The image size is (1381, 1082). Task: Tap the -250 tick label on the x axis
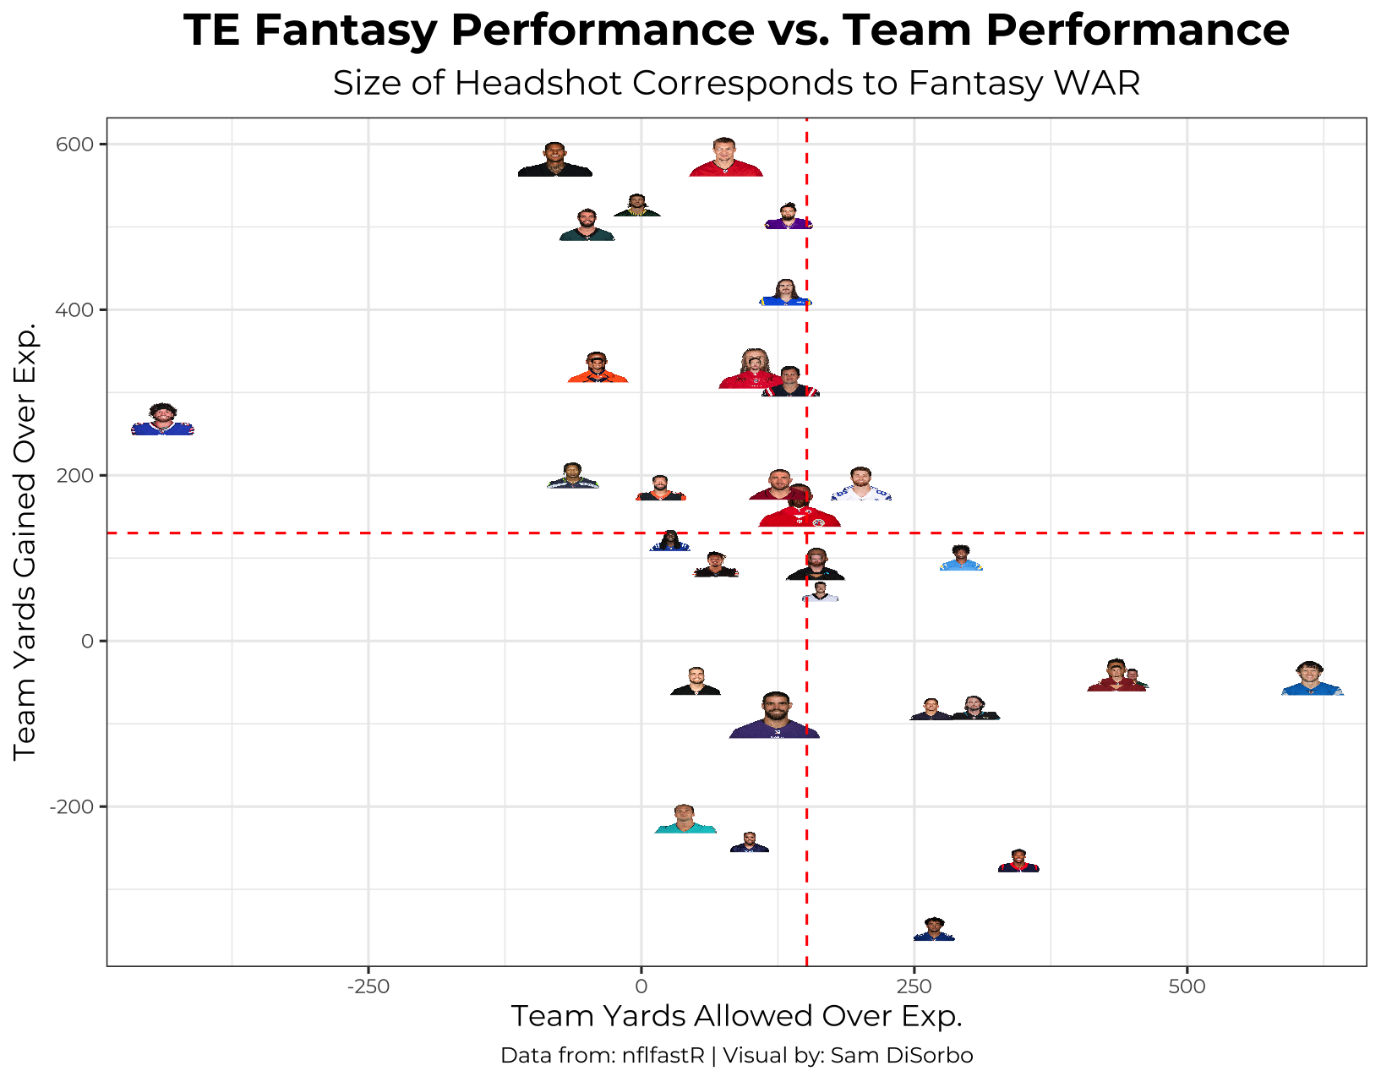pos(368,986)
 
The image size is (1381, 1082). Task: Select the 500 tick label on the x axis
pos(1187,986)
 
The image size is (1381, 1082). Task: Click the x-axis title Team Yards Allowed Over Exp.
pos(736,1016)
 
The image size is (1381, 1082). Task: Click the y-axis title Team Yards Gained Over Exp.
pos(25,541)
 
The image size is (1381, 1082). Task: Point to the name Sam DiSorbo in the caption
pos(902,1056)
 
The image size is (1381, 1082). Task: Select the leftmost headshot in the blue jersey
pos(162,420)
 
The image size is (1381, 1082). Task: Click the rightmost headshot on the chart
pos(1312,680)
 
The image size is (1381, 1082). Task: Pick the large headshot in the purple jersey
pos(774,717)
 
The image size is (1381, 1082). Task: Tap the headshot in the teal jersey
pos(685,820)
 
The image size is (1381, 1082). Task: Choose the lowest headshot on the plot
pos(934,930)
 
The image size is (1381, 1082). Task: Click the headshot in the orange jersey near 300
pos(598,369)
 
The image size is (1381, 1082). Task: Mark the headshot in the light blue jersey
pos(961,560)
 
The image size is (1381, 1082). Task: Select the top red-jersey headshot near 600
pos(725,158)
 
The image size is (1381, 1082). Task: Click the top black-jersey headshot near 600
pos(554,161)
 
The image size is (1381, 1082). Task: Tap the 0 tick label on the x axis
pos(641,986)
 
